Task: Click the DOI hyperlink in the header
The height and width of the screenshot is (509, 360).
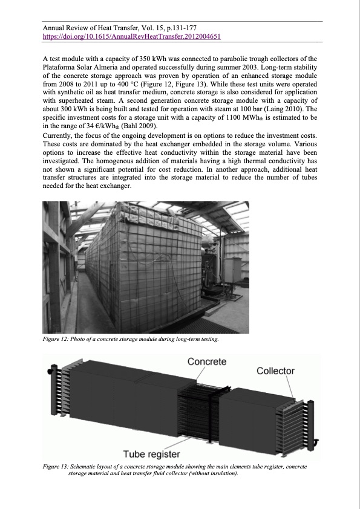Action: coord(131,36)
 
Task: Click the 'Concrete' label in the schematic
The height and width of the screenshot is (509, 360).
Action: coord(207,361)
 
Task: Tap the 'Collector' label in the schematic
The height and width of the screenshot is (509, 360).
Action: coord(275,371)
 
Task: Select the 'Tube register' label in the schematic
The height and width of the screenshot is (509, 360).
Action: coord(151,454)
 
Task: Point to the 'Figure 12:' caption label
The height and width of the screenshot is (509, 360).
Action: coord(56,340)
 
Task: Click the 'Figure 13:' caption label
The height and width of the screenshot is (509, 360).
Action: coord(56,467)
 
